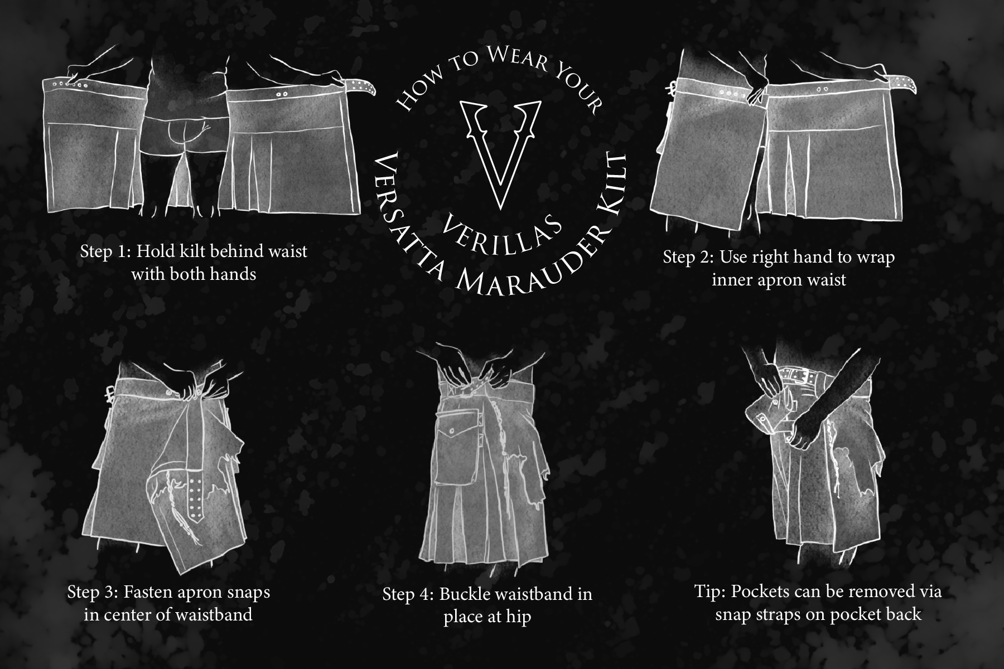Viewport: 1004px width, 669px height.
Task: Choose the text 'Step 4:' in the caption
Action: [408, 594]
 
